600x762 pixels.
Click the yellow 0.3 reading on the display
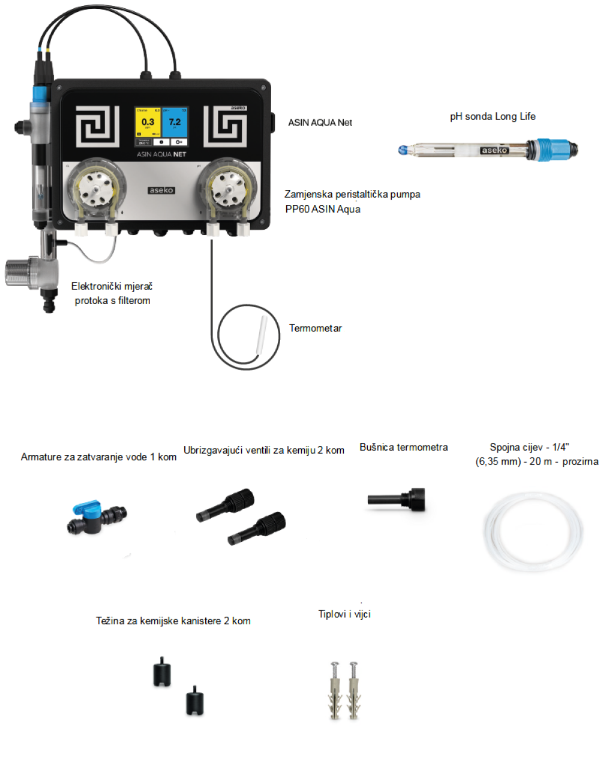148,122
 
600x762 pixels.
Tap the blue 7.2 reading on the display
175,122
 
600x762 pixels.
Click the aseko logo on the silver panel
161,190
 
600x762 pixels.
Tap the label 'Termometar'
316,329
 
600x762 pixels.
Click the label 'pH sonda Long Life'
493,116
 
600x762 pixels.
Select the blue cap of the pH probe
550,149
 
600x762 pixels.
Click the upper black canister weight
162,671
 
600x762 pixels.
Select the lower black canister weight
194,700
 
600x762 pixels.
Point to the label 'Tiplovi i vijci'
344,614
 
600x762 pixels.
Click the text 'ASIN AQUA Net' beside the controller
320,122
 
